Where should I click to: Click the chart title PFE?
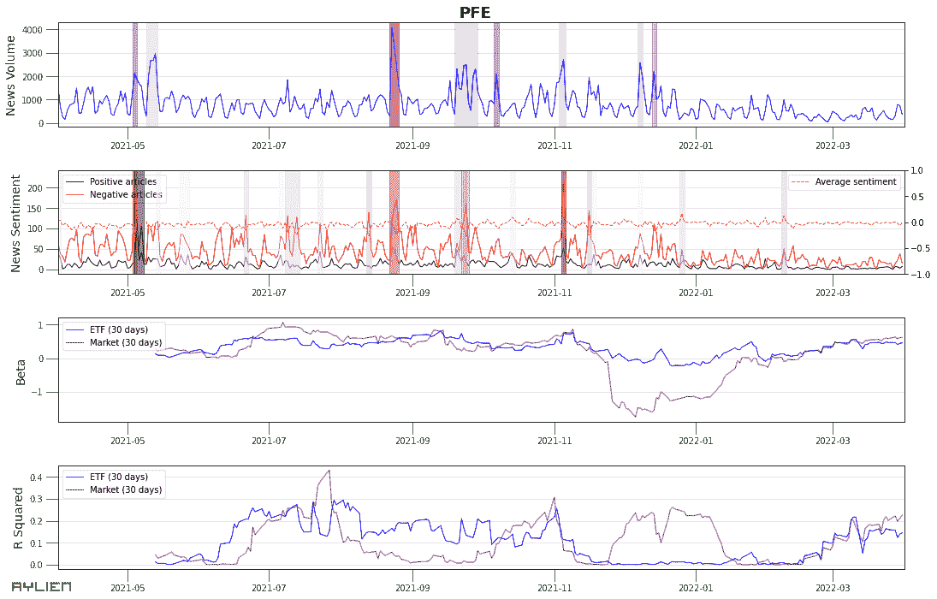tap(475, 11)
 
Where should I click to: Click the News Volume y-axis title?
tap(11, 76)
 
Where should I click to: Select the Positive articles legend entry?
tap(122, 181)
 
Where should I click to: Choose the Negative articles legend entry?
tap(125, 194)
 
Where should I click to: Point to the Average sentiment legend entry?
tap(855, 181)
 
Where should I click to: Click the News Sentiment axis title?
tap(15, 222)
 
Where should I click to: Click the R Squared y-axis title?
tap(17, 518)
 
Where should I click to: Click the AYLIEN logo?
tap(41, 587)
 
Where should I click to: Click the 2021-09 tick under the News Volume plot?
tap(412, 145)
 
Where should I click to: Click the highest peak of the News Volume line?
tap(392, 27)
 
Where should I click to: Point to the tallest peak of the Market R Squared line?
tap(329, 470)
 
